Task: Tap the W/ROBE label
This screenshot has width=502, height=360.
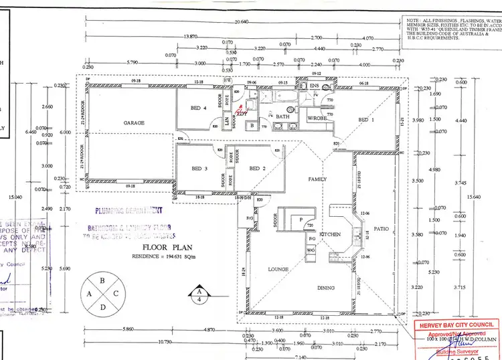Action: pos(316,118)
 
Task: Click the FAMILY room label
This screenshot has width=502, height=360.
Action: pos(317,180)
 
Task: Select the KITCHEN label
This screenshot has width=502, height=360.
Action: pos(331,235)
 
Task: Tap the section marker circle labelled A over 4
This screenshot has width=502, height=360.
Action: pos(198,295)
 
